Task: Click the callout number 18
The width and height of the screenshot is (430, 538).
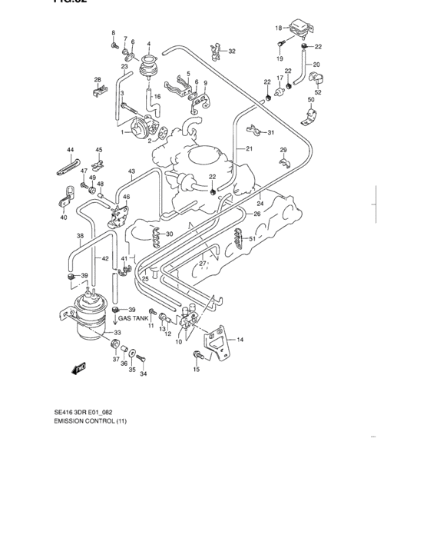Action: pyautogui.click(x=279, y=28)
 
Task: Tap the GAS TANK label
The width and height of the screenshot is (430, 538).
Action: pyautogui.click(x=133, y=317)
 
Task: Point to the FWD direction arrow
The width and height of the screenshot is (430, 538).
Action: pyautogui.click(x=78, y=370)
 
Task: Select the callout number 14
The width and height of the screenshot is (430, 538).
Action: pyautogui.click(x=240, y=339)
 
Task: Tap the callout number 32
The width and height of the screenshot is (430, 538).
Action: pyautogui.click(x=232, y=51)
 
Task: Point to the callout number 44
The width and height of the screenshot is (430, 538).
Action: pyautogui.click(x=70, y=149)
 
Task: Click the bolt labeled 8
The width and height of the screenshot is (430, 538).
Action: pyautogui.click(x=114, y=45)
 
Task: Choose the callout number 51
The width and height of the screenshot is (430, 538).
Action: pyautogui.click(x=251, y=239)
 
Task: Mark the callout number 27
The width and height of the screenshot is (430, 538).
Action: pyautogui.click(x=203, y=264)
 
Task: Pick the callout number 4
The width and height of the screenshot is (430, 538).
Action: pyautogui.click(x=148, y=44)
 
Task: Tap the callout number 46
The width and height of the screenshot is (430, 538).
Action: pyautogui.click(x=127, y=198)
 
